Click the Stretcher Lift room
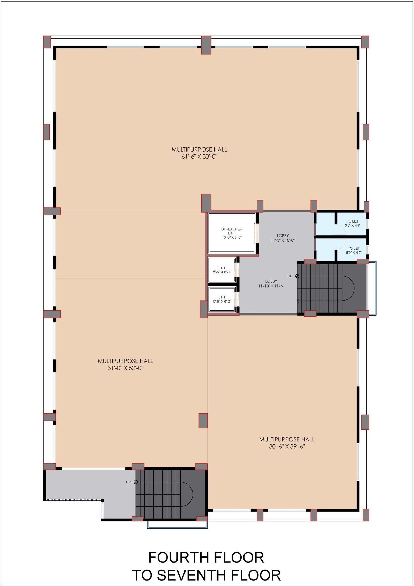[232, 233]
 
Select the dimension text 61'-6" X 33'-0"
[199, 156]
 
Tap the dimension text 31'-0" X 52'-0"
[125, 368]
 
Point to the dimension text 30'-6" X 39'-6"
[287, 446]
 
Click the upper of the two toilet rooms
[352, 223]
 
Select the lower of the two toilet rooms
[352, 250]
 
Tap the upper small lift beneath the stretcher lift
[222, 270]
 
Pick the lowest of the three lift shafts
[222, 299]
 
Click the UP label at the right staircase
[290, 276]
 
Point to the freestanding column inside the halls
[203, 421]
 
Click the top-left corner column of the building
[47, 42]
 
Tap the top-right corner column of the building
[365, 42]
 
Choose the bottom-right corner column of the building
[366, 515]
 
